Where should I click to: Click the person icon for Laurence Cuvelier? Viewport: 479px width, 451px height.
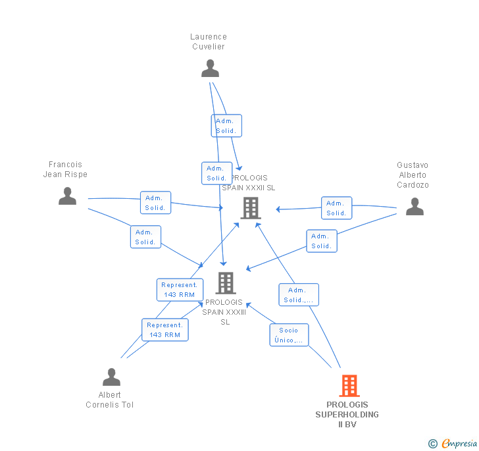tap(210, 68)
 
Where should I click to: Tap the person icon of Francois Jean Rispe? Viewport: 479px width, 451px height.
tap(67, 196)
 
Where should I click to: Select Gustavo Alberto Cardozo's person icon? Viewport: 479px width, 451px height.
tap(415, 207)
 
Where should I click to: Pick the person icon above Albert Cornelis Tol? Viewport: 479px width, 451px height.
tap(111, 377)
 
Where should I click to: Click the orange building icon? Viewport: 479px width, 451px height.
tap(349, 386)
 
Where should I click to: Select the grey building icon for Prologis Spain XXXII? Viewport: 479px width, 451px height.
tap(251, 208)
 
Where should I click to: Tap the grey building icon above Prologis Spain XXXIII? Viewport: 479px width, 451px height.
tap(226, 283)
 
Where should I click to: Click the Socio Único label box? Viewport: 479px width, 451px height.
tap(289, 335)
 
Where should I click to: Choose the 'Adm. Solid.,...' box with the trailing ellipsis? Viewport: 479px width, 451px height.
tap(299, 294)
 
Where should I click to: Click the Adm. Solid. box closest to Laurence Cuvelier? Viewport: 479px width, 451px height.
tap(226, 126)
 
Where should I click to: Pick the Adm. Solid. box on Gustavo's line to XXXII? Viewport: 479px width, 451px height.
tap(336, 208)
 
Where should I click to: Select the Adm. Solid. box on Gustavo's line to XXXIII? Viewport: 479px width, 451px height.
tap(322, 241)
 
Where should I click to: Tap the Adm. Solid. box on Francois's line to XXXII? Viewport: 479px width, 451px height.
tap(155, 203)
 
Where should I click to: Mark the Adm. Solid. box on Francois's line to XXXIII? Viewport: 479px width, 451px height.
tap(145, 237)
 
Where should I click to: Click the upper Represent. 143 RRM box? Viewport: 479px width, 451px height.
tap(180, 290)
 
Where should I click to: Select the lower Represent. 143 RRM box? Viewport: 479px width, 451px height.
tap(165, 330)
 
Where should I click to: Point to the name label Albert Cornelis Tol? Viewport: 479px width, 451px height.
tap(110, 400)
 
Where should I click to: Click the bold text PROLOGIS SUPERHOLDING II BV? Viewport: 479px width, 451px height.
tap(347, 415)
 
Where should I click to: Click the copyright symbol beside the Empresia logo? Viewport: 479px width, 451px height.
tap(433, 444)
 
